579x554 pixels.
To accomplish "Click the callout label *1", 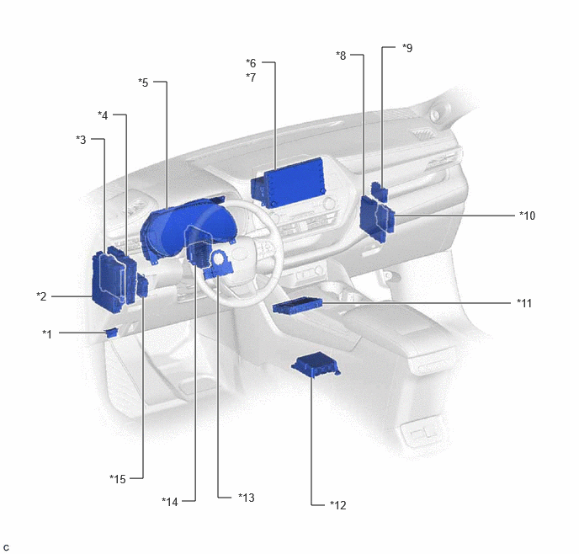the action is click(47, 334).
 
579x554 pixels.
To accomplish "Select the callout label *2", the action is click(41, 296).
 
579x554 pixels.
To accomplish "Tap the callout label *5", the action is click(143, 83).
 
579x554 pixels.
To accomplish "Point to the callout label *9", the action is click(407, 48).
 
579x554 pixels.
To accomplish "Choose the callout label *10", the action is click(528, 216).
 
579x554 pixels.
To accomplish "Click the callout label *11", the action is click(524, 303).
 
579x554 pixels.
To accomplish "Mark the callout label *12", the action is click(338, 505).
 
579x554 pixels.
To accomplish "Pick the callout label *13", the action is click(247, 498).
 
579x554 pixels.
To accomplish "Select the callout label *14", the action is click(170, 502).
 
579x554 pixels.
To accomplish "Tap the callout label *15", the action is click(118, 479).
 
